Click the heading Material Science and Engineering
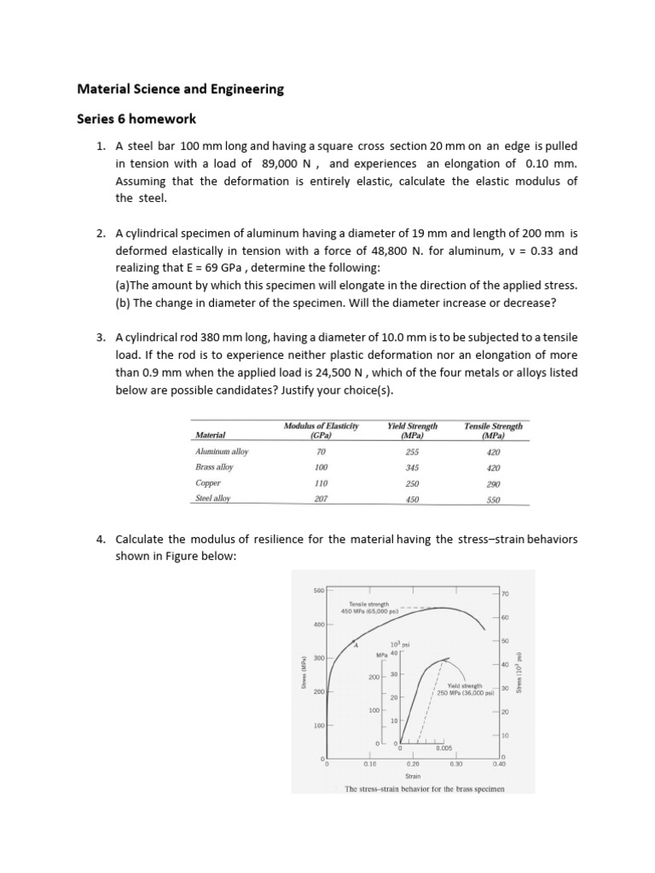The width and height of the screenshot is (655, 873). pyautogui.click(x=181, y=89)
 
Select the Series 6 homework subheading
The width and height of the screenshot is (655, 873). pyautogui.click(x=136, y=120)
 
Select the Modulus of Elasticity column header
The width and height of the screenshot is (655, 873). pyautogui.click(x=321, y=430)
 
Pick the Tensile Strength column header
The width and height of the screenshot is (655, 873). pyautogui.click(x=493, y=430)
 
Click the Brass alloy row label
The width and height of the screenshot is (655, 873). pyautogui.click(x=214, y=467)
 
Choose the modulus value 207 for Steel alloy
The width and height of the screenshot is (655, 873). pyautogui.click(x=321, y=500)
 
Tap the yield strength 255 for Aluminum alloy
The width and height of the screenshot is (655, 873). pyautogui.click(x=412, y=452)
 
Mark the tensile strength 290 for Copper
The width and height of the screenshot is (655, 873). pyautogui.click(x=493, y=483)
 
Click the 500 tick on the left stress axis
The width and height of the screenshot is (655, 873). pyautogui.click(x=319, y=590)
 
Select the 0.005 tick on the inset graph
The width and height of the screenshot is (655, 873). pyautogui.click(x=443, y=748)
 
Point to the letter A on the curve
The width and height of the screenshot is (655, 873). pyautogui.click(x=356, y=647)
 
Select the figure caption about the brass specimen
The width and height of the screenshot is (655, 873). pyautogui.click(x=424, y=789)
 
